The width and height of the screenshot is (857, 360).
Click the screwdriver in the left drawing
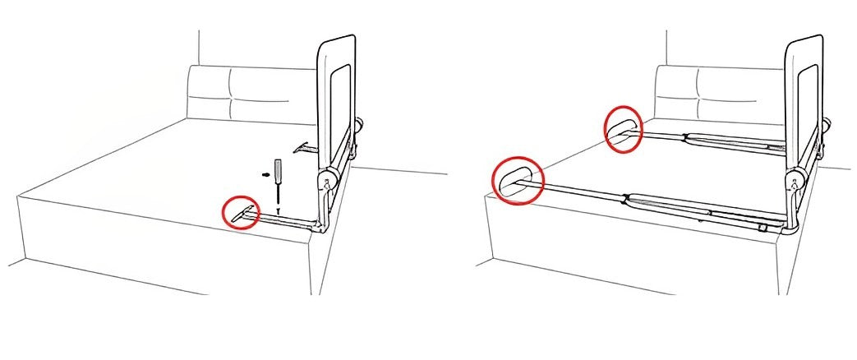coord(278,178)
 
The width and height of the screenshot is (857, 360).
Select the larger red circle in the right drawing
coord(518,179)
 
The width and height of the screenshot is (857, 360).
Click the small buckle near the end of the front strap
coord(763,225)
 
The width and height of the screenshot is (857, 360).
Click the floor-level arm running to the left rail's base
coord(288,222)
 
